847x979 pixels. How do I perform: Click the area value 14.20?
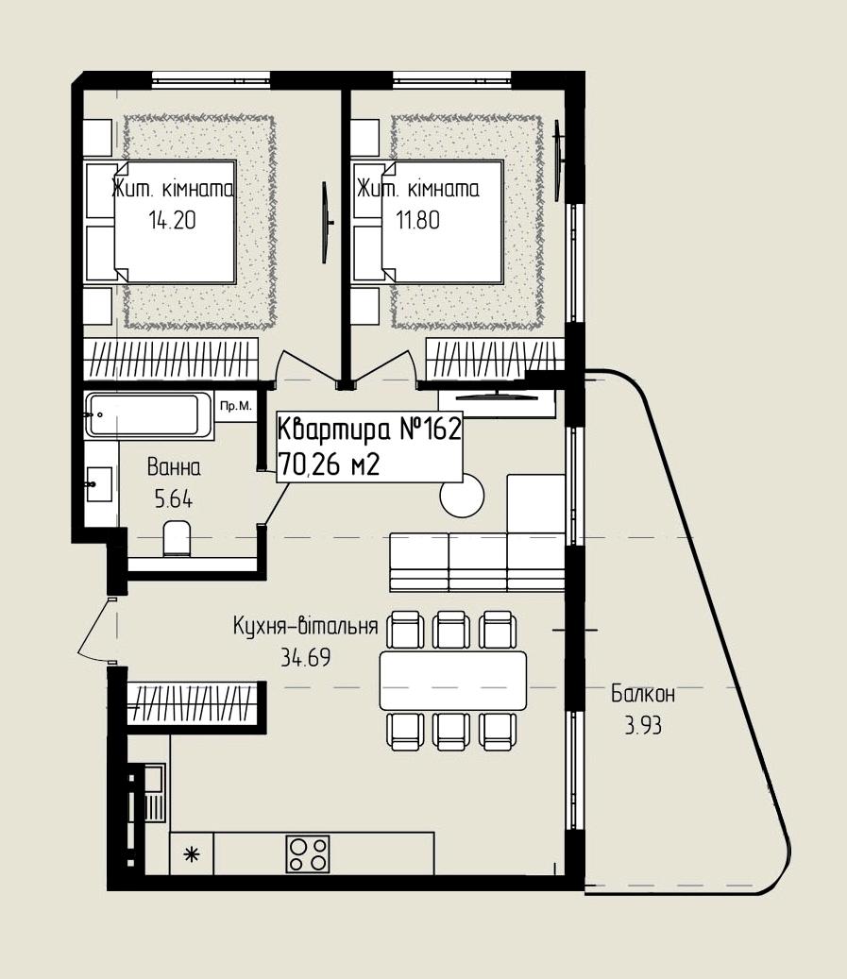pos(173,220)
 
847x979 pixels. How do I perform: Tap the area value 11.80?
pos(418,220)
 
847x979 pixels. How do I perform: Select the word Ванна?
pos(175,467)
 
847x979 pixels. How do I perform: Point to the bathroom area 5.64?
pos(174,499)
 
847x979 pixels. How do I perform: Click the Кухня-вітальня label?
pos(305,626)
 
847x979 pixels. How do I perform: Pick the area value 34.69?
pos(305,657)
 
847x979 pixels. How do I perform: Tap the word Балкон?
pos(643,694)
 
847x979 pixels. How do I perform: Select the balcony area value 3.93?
pos(643,725)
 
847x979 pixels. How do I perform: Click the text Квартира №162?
pos(369,430)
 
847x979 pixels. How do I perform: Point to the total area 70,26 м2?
pos(330,464)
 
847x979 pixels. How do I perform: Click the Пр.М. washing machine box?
pos(235,407)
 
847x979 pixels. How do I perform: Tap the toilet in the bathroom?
pos(177,539)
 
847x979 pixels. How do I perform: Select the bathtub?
pos(149,414)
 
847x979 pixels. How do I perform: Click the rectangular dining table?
pos(453,680)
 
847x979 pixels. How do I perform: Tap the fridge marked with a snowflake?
pos(192,853)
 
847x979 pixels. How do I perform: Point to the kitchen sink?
pos(154,793)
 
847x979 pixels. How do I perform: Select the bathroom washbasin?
pos(100,484)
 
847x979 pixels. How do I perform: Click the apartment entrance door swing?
pos(95,631)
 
